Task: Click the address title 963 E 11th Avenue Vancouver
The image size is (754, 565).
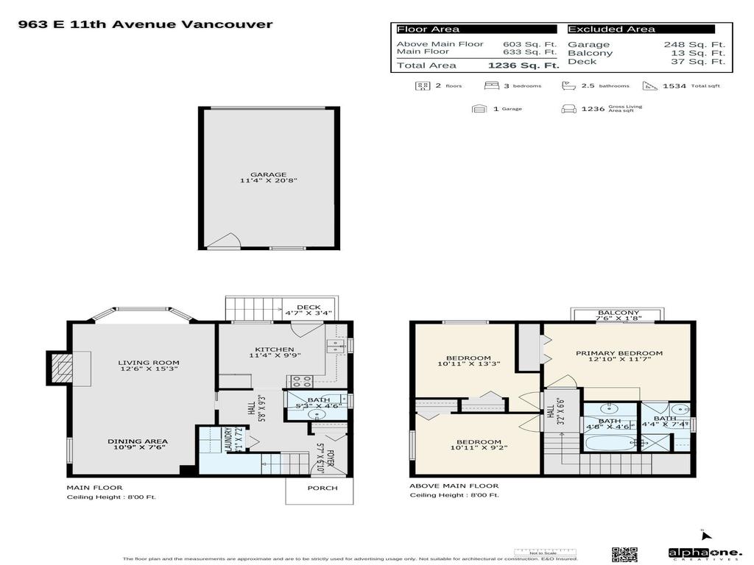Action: (145, 24)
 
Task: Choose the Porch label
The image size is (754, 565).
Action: (323, 488)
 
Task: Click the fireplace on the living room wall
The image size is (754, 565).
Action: (62, 368)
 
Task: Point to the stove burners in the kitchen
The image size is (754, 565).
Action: (300, 381)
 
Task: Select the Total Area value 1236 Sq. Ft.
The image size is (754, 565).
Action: (524, 65)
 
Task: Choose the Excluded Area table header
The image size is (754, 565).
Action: (611, 29)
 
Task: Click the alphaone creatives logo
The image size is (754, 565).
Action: (694, 553)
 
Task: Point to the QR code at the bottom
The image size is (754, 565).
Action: (624, 553)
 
